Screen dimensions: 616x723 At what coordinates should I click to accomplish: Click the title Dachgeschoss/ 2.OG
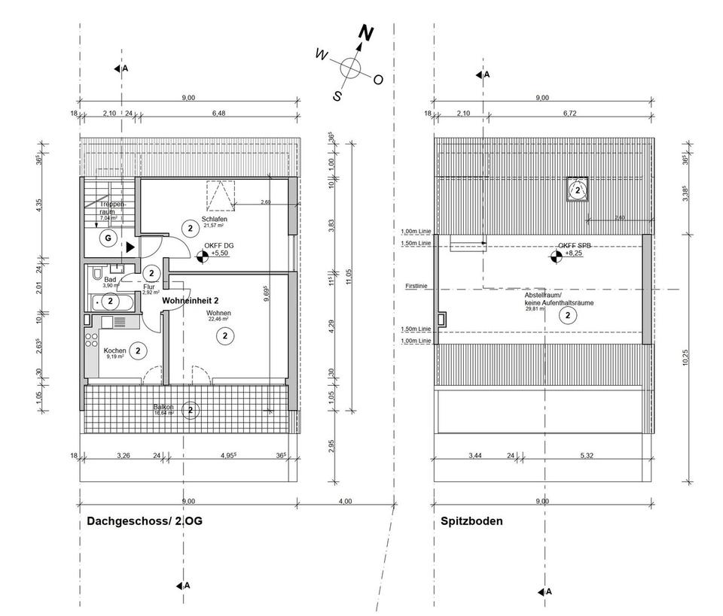[145, 520]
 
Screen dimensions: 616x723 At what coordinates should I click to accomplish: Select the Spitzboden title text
[471, 520]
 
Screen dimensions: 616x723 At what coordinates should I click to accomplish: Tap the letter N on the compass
[366, 33]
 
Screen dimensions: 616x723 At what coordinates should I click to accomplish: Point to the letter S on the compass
[338, 96]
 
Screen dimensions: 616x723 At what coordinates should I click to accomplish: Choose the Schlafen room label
[194, 219]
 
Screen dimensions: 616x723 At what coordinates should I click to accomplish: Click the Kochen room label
[114, 350]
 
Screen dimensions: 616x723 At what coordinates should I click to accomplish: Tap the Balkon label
[164, 407]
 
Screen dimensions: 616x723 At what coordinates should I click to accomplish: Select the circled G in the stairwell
[108, 238]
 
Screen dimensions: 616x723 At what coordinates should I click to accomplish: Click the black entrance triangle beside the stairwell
[130, 246]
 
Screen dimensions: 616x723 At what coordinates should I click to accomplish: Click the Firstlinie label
[416, 287]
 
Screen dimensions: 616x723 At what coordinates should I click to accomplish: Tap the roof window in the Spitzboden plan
[577, 190]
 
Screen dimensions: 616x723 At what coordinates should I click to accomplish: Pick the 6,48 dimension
[218, 113]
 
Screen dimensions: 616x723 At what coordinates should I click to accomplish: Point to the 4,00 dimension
[345, 500]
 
